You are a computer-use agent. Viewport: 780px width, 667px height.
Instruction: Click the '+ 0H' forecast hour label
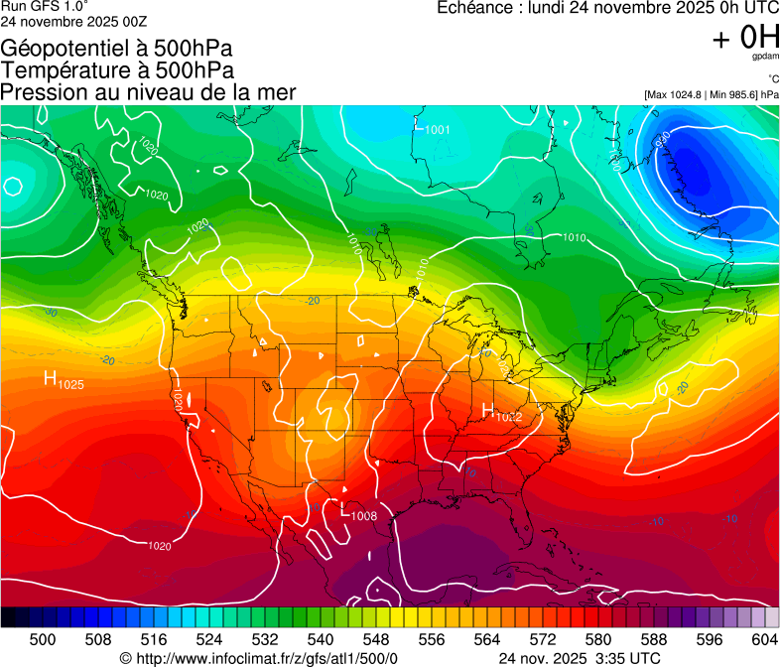(745, 38)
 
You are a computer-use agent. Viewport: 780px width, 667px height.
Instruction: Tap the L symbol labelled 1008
(345, 512)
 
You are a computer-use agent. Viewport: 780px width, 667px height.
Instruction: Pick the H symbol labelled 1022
(487, 410)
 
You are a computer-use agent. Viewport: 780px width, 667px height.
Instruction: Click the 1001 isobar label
(437, 130)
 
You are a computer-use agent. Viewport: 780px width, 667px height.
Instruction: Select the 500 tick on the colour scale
(43, 639)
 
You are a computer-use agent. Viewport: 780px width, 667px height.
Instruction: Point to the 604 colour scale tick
(764, 639)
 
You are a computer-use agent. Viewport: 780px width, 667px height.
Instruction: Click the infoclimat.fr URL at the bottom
(266, 658)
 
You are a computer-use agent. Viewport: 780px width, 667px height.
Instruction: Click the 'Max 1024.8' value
(676, 94)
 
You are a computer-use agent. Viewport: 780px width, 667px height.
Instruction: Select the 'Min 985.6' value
(733, 94)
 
